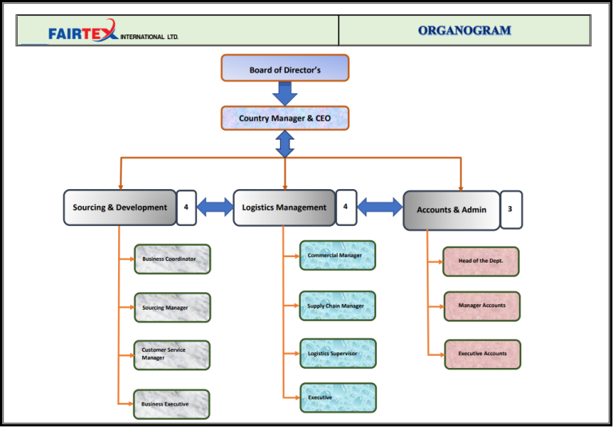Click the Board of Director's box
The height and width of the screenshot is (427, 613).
pos(285,69)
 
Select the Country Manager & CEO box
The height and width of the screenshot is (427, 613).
pos(285,118)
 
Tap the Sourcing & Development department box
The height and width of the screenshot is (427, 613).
pos(120,208)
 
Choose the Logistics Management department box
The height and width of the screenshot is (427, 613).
pos(284,208)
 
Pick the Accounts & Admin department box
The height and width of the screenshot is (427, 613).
pos(451,210)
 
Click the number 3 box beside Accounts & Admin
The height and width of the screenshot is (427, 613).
pos(511,209)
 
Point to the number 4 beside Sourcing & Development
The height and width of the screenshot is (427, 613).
pos(186,207)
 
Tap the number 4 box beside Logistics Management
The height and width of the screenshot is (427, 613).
pos(346,207)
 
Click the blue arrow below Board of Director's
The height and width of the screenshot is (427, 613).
pos(285,93)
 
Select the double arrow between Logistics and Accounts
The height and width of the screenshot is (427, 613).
pos(380,208)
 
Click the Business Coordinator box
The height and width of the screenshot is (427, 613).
pos(172,259)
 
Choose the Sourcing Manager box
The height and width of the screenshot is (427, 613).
pos(172,307)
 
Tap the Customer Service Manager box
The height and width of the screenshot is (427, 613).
pos(172,355)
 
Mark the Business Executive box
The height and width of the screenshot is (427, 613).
pos(172,404)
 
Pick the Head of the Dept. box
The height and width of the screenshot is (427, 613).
pos(481,261)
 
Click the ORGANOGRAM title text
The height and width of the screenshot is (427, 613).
pos(464,31)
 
